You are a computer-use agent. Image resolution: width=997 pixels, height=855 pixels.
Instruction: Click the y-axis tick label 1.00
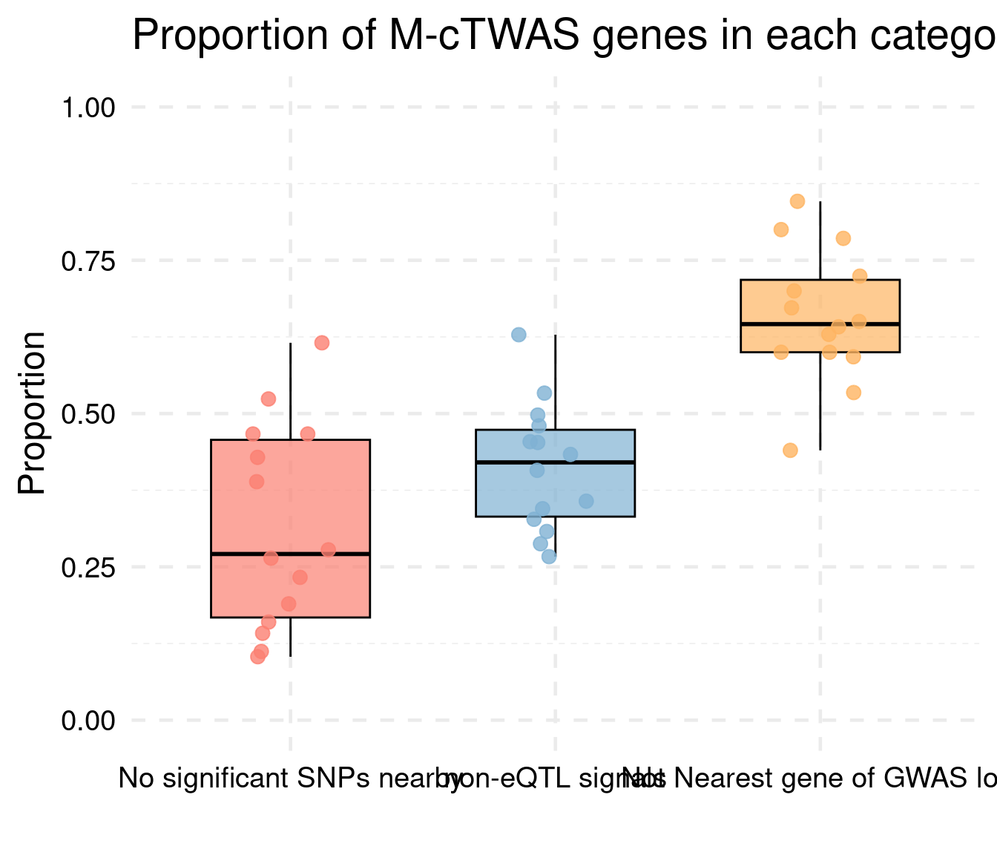tap(88, 108)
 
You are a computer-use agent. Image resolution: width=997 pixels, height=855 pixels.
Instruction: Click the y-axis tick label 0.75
tap(88, 261)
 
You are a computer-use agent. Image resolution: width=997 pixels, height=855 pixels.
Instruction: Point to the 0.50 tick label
tap(88, 414)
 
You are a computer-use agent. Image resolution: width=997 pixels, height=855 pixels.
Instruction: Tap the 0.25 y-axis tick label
tap(88, 568)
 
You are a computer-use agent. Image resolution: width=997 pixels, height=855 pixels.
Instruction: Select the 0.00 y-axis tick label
tap(88, 721)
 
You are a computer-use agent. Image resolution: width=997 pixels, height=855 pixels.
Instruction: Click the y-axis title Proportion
tap(32, 413)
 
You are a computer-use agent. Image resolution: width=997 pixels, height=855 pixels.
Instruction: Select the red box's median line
tap(290, 554)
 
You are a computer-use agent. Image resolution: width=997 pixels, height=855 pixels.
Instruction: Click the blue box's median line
tap(555, 462)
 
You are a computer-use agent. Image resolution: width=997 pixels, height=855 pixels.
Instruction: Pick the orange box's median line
tap(820, 324)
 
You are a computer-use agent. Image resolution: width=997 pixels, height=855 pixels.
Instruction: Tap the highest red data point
tap(321, 343)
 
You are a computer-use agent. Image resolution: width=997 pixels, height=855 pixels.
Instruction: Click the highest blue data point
tap(519, 335)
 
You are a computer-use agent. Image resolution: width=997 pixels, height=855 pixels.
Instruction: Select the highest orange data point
tap(797, 201)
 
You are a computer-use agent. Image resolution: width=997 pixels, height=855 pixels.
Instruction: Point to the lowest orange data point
tap(790, 451)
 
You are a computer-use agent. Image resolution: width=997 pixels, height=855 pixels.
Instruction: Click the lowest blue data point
tap(549, 557)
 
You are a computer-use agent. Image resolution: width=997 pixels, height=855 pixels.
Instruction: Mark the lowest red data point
tap(257, 656)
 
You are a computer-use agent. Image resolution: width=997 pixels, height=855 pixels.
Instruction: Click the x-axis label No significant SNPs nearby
tap(290, 779)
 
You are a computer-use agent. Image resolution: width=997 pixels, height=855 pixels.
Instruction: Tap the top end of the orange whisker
tap(820, 202)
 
